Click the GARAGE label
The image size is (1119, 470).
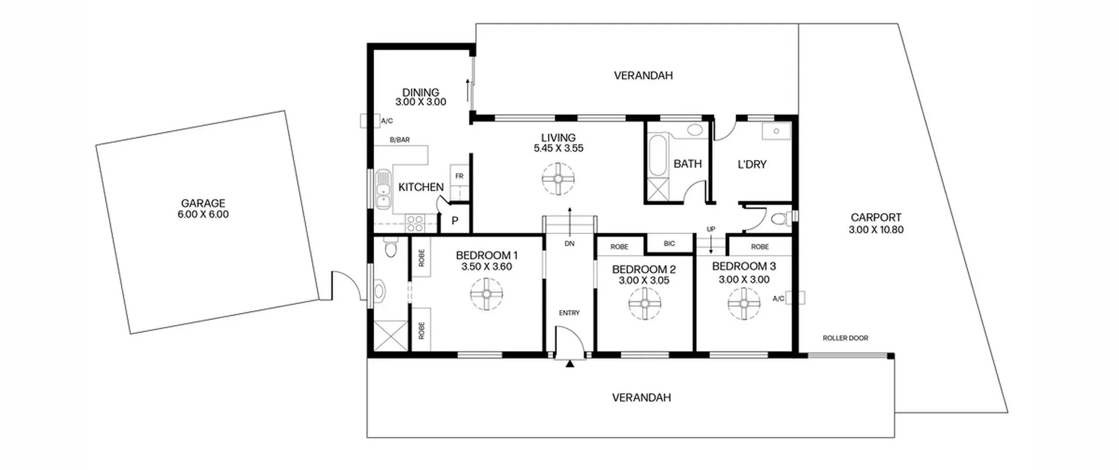click(203, 203)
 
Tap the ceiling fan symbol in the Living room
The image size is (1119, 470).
click(558, 179)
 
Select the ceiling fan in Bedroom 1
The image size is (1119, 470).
click(487, 294)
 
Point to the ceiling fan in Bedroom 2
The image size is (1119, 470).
click(645, 303)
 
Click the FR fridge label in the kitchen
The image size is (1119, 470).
click(459, 176)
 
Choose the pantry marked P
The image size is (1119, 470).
click(455, 221)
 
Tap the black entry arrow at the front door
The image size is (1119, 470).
click(570, 364)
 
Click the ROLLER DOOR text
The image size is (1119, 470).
click(845, 338)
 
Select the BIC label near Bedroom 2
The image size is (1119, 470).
click(669, 244)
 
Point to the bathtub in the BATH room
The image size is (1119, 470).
click(658, 156)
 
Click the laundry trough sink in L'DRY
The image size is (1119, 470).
click(776, 131)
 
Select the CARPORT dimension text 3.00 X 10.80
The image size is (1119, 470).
click(876, 230)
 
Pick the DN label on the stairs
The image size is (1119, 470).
click(569, 244)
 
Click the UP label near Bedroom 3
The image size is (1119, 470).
click(711, 229)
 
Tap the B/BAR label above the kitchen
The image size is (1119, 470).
click(400, 140)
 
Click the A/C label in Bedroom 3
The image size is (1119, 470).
click(778, 299)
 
